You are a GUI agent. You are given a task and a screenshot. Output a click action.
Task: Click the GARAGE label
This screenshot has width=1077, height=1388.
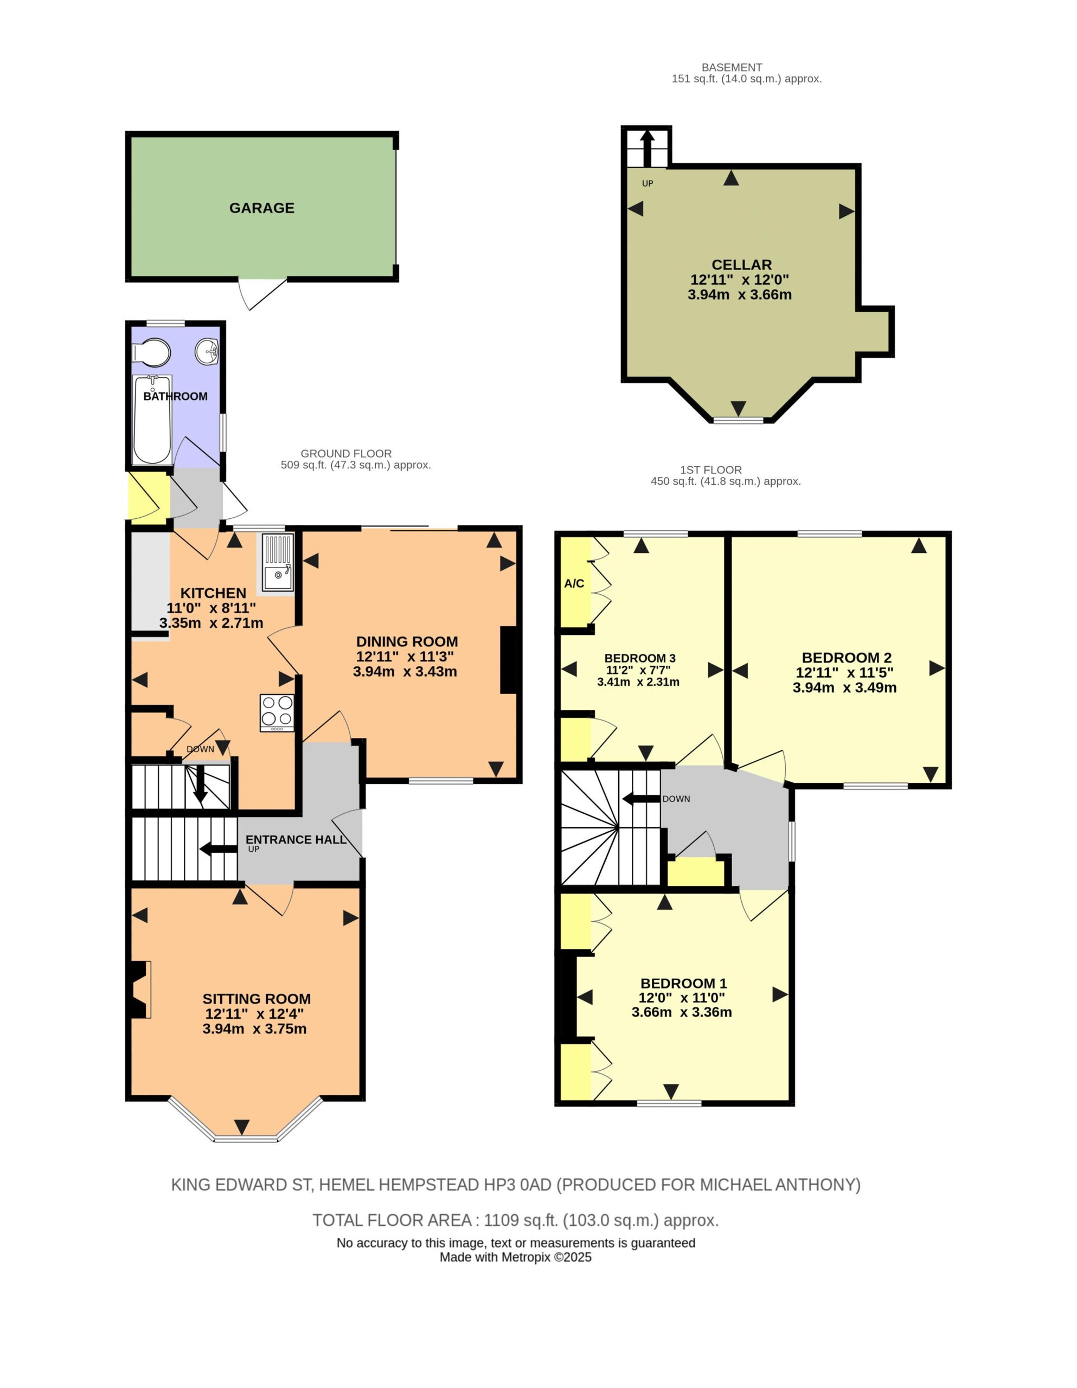(261, 208)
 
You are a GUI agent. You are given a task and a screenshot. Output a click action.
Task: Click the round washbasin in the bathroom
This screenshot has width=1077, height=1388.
(207, 351)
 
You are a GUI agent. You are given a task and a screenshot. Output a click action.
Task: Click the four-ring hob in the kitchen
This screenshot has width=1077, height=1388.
(277, 712)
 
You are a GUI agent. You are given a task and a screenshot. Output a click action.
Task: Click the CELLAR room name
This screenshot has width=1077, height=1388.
(741, 265)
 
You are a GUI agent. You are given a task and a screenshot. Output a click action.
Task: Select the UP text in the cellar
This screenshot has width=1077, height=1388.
(647, 184)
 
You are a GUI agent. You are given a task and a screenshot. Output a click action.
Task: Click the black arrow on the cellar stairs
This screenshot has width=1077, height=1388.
(646, 148)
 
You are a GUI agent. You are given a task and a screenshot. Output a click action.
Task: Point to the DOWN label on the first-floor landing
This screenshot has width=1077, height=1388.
(676, 799)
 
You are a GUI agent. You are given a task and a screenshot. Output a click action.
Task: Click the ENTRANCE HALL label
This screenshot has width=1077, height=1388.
(296, 839)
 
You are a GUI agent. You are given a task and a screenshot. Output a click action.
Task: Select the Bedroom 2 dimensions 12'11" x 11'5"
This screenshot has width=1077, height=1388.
(844, 672)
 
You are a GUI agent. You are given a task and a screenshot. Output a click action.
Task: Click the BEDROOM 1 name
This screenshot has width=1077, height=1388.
(683, 983)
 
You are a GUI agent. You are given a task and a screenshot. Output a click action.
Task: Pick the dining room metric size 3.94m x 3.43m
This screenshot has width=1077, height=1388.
(405, 671)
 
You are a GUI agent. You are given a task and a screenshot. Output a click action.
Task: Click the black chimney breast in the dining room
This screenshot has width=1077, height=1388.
(509, 660)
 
